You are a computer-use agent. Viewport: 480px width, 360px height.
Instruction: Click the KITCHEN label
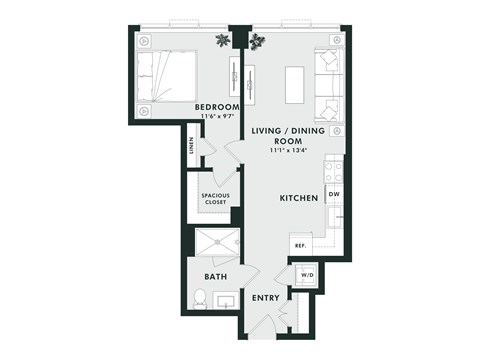[298, 198]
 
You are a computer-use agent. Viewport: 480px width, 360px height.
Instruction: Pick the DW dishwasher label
[334, 194]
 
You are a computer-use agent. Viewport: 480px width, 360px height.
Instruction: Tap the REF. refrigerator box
[299, 245]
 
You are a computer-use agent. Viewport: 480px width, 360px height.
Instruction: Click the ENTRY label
[265, 298]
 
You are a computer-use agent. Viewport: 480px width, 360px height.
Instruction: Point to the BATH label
[215, 276]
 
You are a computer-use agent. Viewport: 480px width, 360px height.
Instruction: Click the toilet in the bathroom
[199, 297]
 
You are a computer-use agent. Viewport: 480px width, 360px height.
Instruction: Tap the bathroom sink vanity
[226, 299]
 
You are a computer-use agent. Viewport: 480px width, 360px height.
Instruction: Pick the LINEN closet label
[190, 151]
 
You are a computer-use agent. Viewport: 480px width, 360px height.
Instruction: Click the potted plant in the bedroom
[221, 39]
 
